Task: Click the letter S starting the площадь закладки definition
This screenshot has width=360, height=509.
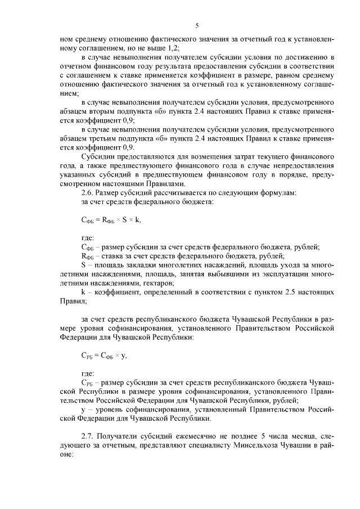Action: (x=83, y=265)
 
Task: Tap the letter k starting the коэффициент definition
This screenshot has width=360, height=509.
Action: (x=83, y=292)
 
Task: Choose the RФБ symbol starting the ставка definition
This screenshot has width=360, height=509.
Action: (x=88, y=256)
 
